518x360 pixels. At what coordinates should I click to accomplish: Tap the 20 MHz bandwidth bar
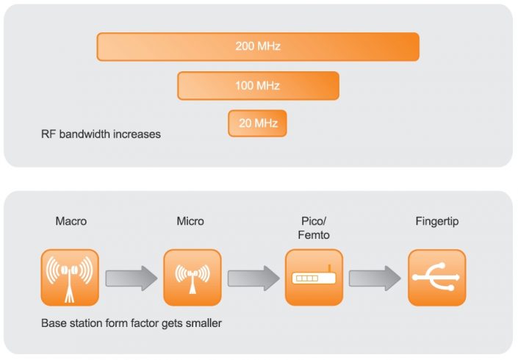click(x=257, y=123)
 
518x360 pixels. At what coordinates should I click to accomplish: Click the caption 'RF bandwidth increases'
click(x=101, y=135)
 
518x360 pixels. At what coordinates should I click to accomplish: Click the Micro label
click(x=190, y=221)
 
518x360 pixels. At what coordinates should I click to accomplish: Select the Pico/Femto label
click(x=314, y=228)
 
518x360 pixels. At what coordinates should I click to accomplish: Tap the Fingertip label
click(x=437, y=221)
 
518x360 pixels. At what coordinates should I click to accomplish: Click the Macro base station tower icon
click(x=70, y=278)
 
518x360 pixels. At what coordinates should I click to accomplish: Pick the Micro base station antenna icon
click(x=191, y=278)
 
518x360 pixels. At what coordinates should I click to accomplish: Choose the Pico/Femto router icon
click(x=314, y=278)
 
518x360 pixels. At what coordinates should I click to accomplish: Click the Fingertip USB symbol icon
click(x=437, y=278)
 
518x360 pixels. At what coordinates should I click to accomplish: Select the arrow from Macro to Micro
click(x=132, y=278)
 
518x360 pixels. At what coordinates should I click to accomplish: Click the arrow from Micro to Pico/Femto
click(x=253, y=278)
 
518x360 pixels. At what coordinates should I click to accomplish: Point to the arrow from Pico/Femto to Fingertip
click(x=375, y=278)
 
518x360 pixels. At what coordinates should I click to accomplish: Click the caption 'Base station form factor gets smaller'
click(x=132, y=323)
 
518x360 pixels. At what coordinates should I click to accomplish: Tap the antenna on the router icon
click(x=329, y=270)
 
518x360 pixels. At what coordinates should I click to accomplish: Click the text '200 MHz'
click(x=258, y=46)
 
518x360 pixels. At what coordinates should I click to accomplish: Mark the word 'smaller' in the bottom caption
click(x=204, y=323)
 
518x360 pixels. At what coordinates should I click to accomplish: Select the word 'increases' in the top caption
click(x=139, y=135)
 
